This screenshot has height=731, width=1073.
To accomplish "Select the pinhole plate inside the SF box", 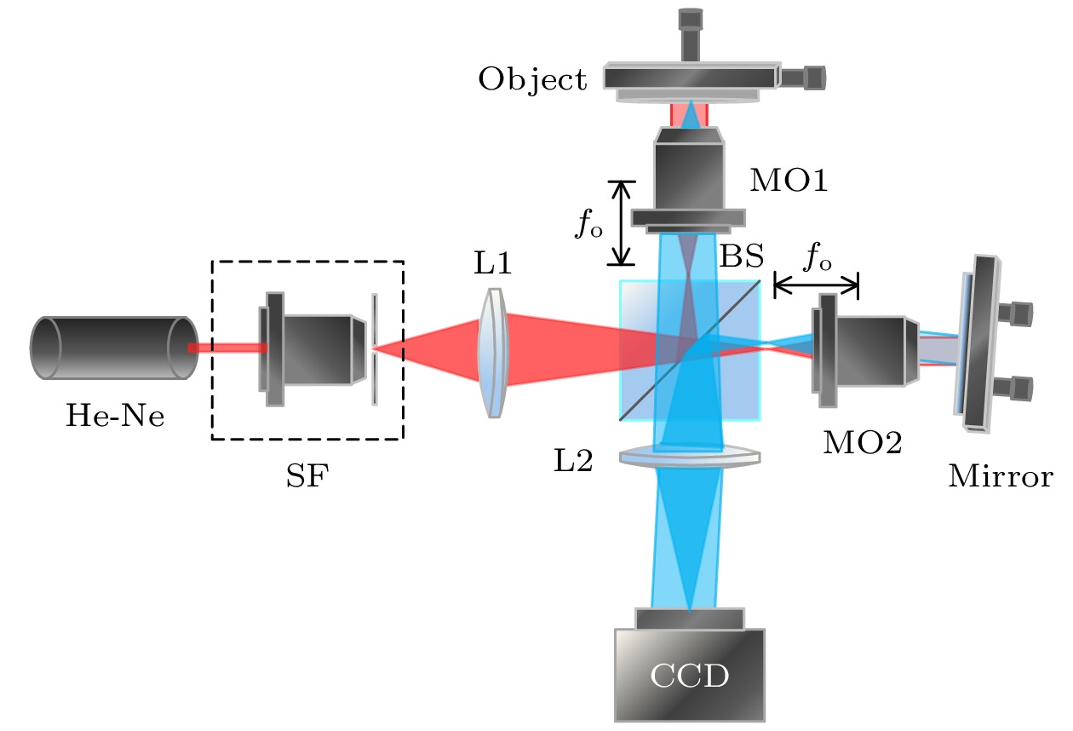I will point(375,349).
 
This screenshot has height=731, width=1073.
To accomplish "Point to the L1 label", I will point(492,264).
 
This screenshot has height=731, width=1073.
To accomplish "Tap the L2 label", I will point(571,460).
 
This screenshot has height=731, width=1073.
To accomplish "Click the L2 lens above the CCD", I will point(689,458).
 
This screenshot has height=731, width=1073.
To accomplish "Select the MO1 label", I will point(788,181).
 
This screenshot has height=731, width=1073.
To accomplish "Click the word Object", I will point(532,80).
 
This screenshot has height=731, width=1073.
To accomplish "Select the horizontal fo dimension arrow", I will point(815,285).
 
